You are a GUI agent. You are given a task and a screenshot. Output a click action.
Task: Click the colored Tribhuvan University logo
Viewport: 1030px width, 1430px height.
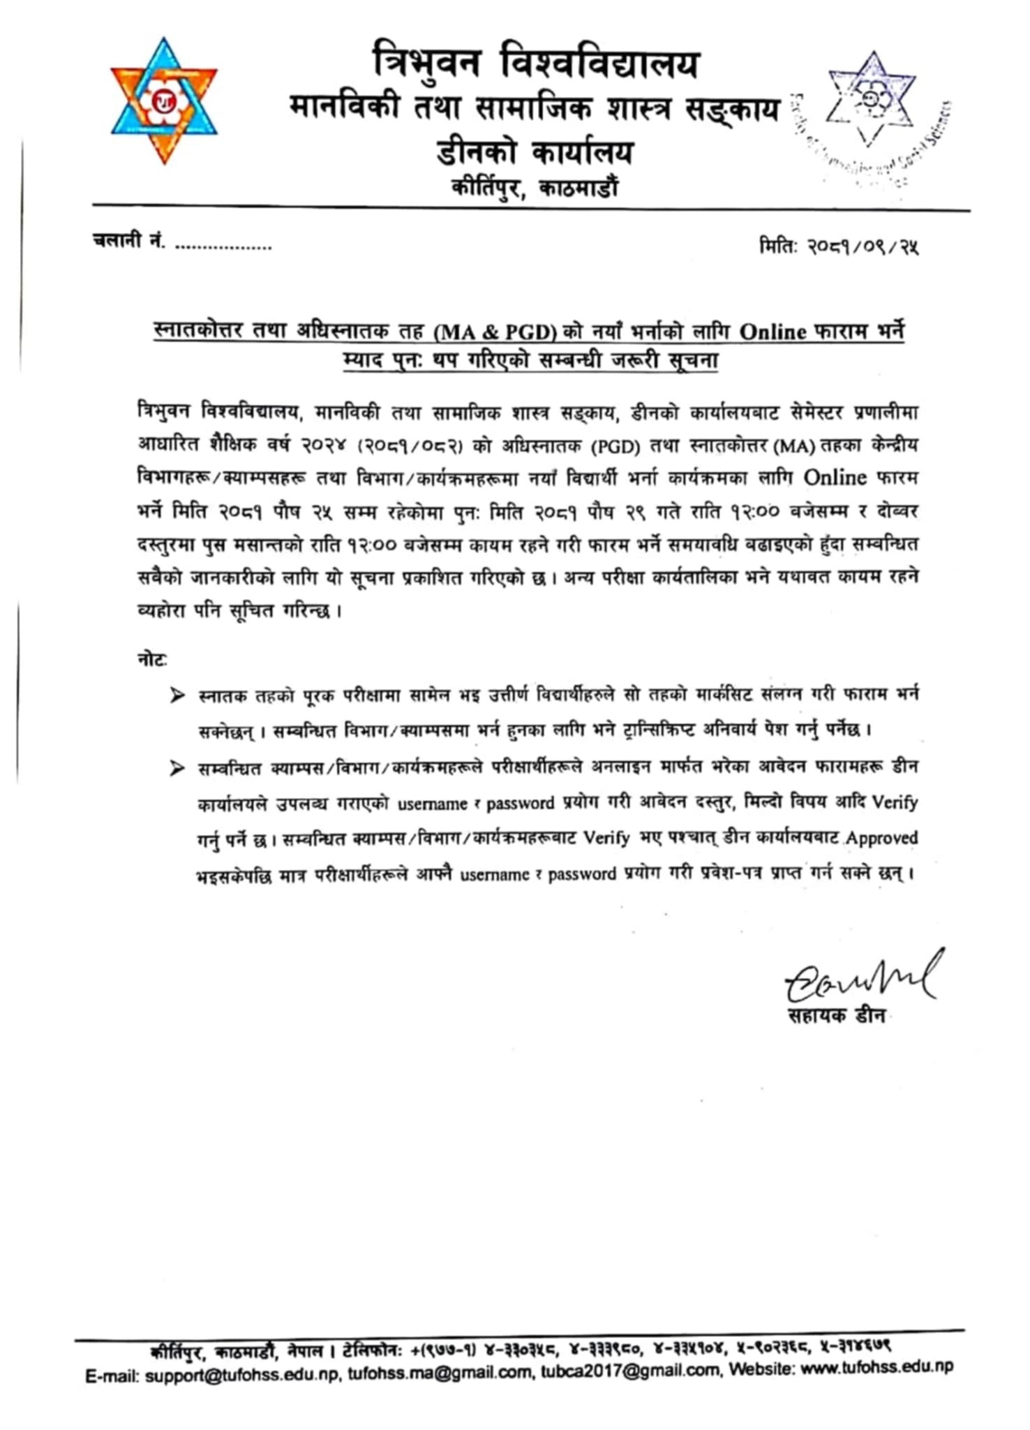pos(164,101)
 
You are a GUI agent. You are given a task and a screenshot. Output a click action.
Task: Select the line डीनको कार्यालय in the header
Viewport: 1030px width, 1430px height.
pos(535,152)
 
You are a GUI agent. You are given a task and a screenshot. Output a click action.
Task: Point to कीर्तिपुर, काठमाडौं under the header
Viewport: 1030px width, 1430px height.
pos(535,188)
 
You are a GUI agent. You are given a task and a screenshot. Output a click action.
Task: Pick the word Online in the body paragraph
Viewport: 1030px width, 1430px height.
pos(835,478)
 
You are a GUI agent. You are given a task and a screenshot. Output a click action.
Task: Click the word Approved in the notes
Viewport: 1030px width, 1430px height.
pos(881,838)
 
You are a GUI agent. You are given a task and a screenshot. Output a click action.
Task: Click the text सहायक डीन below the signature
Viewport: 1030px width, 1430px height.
pos(836,1015)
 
